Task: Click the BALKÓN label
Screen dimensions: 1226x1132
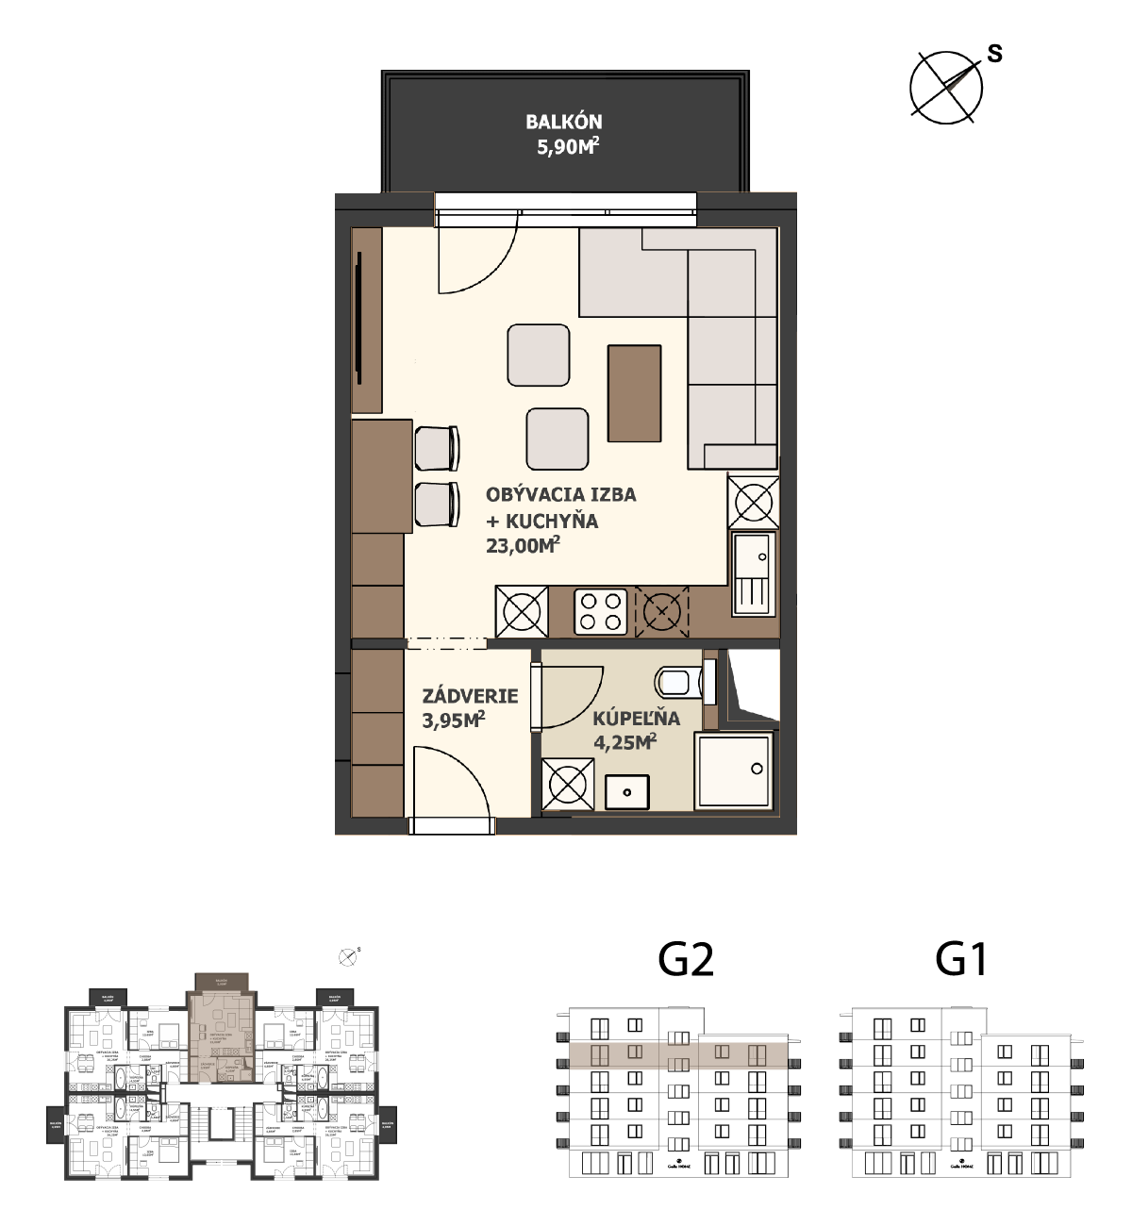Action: pos(563,122)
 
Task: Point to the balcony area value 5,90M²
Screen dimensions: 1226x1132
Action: pos(567,146)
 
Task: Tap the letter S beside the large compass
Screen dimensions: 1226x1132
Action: pos(994,54)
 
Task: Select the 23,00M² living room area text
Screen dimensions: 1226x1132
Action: pos(523,545)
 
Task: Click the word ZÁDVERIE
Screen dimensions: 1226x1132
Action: pos(470,696)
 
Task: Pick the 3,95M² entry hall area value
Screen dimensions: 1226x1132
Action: pos(454,721)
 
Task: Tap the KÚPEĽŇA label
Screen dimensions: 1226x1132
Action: pos(636,718)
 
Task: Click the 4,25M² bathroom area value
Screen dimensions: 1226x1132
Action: pos(624,742)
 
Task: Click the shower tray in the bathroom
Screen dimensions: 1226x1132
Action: pos(736,770)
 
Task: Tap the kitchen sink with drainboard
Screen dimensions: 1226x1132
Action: pos(753,574)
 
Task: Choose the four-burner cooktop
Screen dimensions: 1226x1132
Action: pos(601,610)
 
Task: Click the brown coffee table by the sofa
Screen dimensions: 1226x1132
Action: pos(634,393)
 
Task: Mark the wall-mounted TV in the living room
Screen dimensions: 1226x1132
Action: pos(358,319)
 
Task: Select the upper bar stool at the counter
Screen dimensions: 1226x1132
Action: pos(438,448)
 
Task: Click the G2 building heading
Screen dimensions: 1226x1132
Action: pos(686,960)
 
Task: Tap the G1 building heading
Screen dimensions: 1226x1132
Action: pos(961,960)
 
